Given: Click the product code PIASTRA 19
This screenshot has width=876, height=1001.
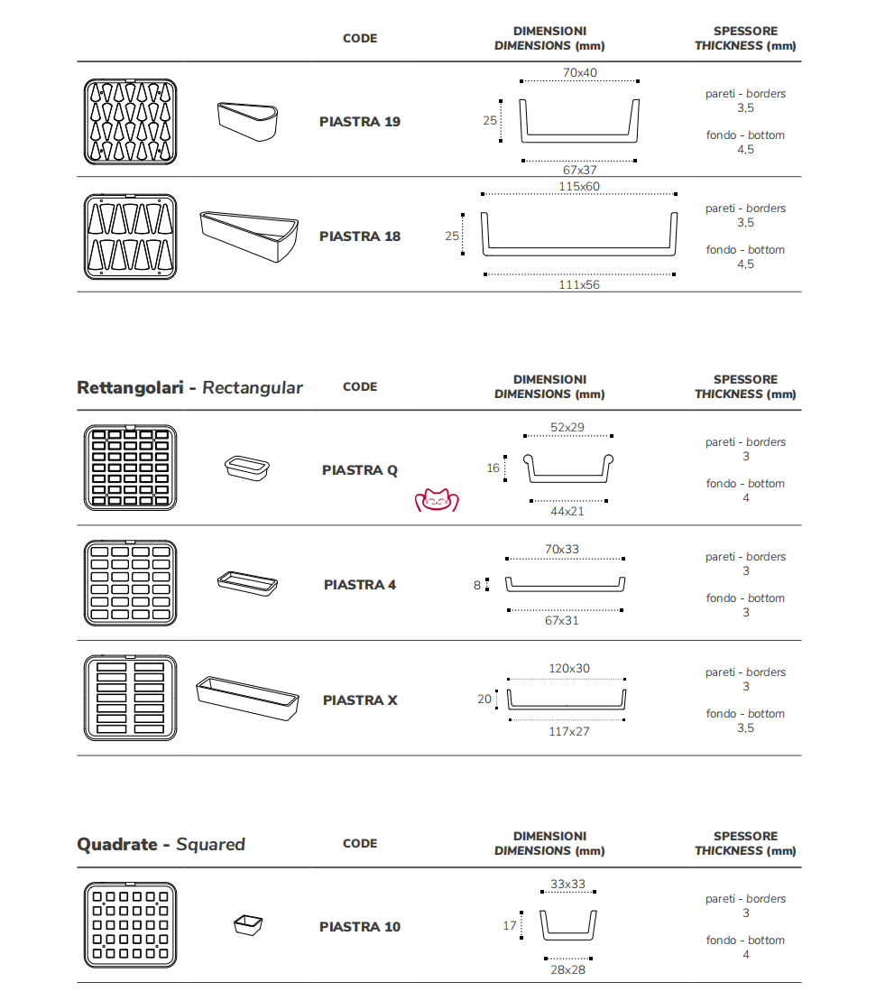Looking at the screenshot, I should pos(360,122).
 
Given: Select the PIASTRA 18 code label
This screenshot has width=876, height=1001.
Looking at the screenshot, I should pos(360,236).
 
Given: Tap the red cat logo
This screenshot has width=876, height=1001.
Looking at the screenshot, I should pos(437,500).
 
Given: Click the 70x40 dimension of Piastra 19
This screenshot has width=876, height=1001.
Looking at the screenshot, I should pos(580,73).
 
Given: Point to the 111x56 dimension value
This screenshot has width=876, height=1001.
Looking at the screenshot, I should pos(579,284).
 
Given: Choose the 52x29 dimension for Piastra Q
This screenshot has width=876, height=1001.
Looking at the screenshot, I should pos(567,427).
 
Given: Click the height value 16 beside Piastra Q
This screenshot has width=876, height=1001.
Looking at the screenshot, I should pos(493,468).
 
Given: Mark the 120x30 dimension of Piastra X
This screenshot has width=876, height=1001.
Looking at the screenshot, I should pos(569,669).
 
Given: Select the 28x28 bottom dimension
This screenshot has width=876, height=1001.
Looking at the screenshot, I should pos(567,969).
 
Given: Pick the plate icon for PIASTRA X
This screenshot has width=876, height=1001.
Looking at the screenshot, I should pos(130,699).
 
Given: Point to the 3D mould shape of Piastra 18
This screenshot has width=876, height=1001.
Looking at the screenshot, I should pos(248,236).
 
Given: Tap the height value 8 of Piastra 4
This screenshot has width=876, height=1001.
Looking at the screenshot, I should pos(477,585).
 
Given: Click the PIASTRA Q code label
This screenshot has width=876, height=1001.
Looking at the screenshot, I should pos(360,470).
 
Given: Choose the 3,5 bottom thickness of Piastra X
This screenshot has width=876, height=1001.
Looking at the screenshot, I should pos(745,728).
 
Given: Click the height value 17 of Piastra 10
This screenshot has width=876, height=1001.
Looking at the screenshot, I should pos(510,925).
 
